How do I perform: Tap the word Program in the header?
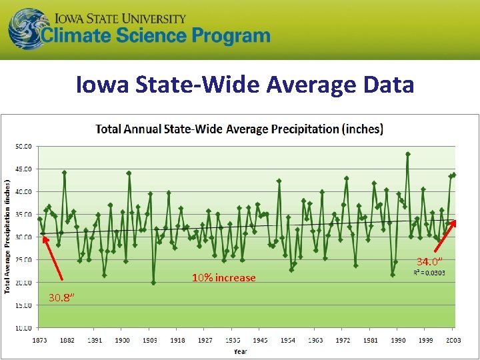pyautogui.click(x=225, y=36)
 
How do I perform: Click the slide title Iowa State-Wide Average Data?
pyautogui.click(x=245, y=85)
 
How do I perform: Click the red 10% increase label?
pyautogui.click(x=223, y=277)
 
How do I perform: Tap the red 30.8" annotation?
pyautogui.click(x=61, y=298)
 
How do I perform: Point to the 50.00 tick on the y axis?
pyautogui.click(x=24, y=146)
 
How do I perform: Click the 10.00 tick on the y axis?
pyautogui.click(x=24, y=328)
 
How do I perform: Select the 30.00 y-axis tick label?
pyautogui.click(x=24, y=237)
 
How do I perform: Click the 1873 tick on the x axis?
pyautogui.click(x=39, y=340)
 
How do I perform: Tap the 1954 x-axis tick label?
pyautogui.click(x=287, y=340)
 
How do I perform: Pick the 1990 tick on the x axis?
pyautogui.click(x=398, y=340)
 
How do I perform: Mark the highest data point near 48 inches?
pyautogui.click(x=407, y=154)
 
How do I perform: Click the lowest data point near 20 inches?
pyautogui.click(x=153, y=283)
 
